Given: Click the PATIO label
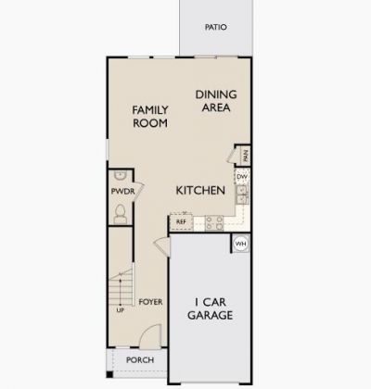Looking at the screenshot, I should click(215, 28).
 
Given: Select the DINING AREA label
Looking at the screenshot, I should click(214, 100).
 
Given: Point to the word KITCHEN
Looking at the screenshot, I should click(201, 190).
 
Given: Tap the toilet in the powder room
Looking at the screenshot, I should click(119, 213).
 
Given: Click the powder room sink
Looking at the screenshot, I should click(120, 177).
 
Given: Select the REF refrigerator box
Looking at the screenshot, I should click(181, 221).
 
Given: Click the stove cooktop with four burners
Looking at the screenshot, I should click(212, 222).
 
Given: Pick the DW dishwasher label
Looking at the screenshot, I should click(241, 176).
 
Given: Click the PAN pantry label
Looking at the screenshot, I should click(246, 155).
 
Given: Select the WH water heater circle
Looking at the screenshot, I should click(241, 245).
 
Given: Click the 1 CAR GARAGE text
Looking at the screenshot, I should click(212, 308).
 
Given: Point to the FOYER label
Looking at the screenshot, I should click(150, 302).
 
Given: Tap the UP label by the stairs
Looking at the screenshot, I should click(120, 310).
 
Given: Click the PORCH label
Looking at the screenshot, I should click(139, 360).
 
